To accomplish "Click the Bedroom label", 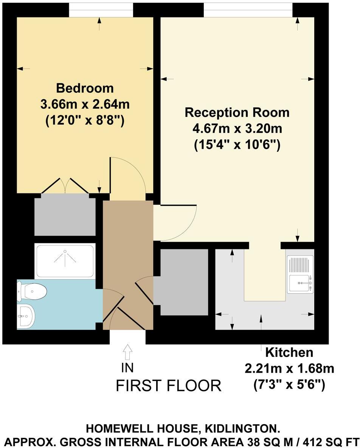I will tap(85, 88).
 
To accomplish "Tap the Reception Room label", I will tap(237, 112).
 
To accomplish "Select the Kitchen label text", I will tap(289, 352).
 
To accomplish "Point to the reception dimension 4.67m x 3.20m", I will tap(237, 129).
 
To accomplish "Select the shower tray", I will tap(65, 261).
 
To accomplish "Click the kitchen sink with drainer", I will tap(300, 274).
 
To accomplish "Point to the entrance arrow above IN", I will tap(127, 352).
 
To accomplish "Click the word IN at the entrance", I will tap(127, 367).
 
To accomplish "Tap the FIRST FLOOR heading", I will tap(168, 386).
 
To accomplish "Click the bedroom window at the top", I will tap(101, 10).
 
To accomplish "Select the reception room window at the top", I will tap(248, 10).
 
